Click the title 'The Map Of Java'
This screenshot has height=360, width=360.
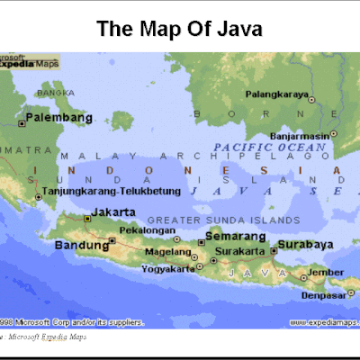point(179,29)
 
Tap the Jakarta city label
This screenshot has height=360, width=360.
point(113,212)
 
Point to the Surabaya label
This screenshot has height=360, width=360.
point(305,244)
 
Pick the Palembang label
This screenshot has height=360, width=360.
point(59,118)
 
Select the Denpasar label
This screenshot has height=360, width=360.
point(321,294)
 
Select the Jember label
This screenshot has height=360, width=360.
point(325,272)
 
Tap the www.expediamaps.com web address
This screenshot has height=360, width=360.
point(321,321)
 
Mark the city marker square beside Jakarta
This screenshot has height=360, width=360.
point(86,218)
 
